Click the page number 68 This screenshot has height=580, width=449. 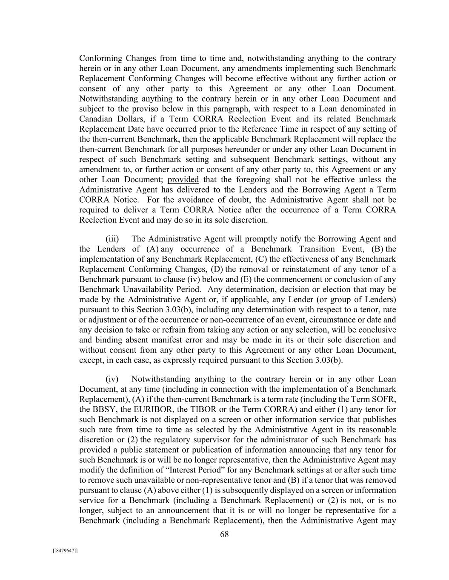pos(224,535)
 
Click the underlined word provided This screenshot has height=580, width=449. pos(183,179)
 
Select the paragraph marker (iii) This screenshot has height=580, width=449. pos(112,239)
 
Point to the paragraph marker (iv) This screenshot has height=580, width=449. pos(112,379)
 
